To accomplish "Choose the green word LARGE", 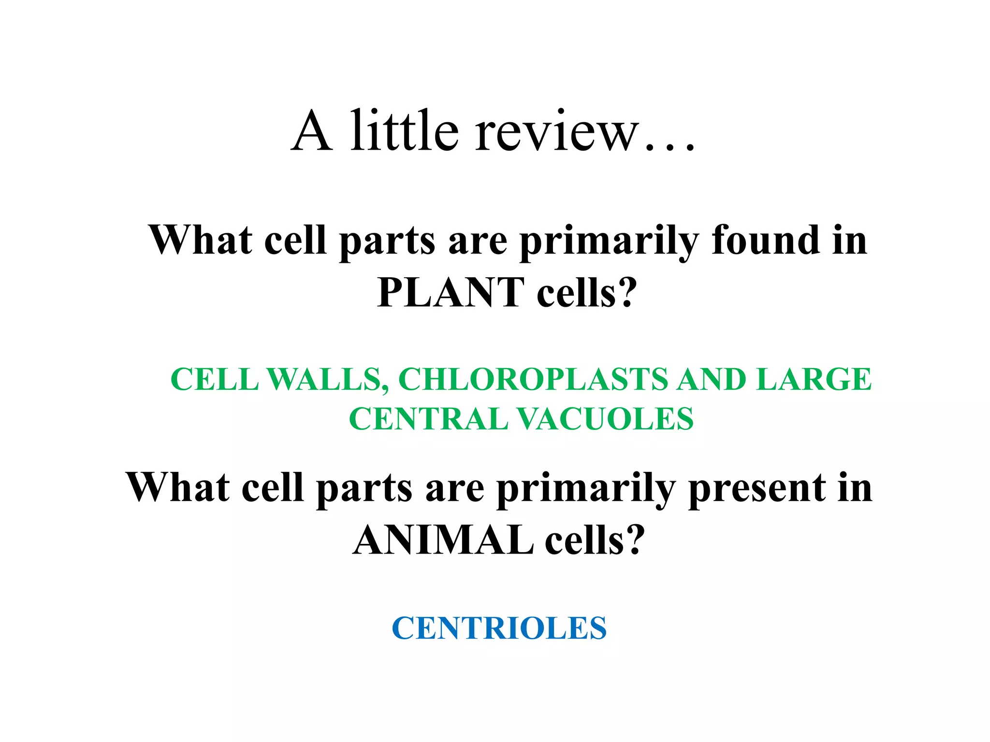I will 814,380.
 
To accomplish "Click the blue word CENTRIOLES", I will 499,628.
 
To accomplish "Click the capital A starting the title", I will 312,131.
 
